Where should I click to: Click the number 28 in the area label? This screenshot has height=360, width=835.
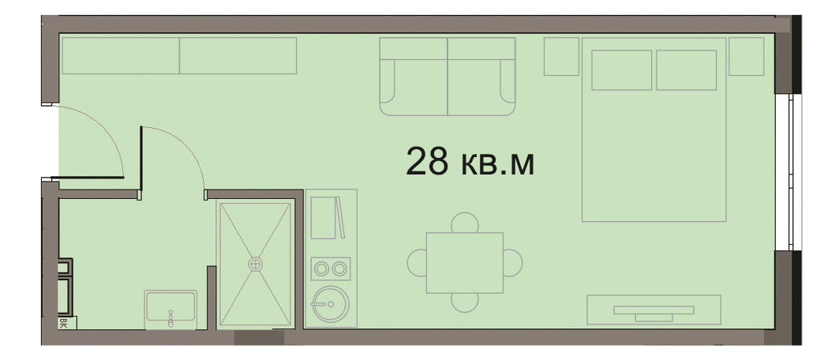coord(427,161)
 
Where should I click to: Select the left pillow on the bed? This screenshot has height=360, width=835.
coord(621,69)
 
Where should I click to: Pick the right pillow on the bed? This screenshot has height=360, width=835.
coord(686,69)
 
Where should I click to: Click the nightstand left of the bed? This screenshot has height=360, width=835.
coord(561,57)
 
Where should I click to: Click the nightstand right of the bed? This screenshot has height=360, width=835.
coord(746,57)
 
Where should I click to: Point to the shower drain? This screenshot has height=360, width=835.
coord(256,264)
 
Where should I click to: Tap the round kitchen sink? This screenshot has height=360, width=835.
coord(330,304)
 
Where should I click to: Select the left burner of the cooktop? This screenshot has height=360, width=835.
coord(321,269)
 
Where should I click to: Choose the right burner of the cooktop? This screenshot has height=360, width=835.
coord(339,269)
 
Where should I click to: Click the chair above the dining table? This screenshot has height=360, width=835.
coord(465,222)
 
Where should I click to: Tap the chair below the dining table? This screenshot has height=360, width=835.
coord(465,302)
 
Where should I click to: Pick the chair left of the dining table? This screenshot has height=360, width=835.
coord(417,263)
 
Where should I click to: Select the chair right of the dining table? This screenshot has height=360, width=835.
coord(512,263)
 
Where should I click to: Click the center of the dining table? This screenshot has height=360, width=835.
coord(465,263)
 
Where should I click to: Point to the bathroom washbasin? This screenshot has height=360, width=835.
coord(171,307)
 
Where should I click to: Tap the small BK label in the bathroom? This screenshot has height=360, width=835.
coord(63,323)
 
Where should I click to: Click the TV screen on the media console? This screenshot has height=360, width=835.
coord(654,310)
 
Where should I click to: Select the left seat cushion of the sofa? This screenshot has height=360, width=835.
coord(414,87)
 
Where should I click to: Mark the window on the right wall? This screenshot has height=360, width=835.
coord(788,172)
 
